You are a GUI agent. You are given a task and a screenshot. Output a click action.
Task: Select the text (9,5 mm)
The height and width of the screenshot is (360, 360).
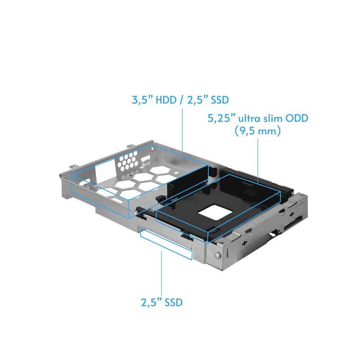(258, 132)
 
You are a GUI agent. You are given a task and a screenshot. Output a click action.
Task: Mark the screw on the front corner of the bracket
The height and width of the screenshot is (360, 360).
(218, 256)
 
